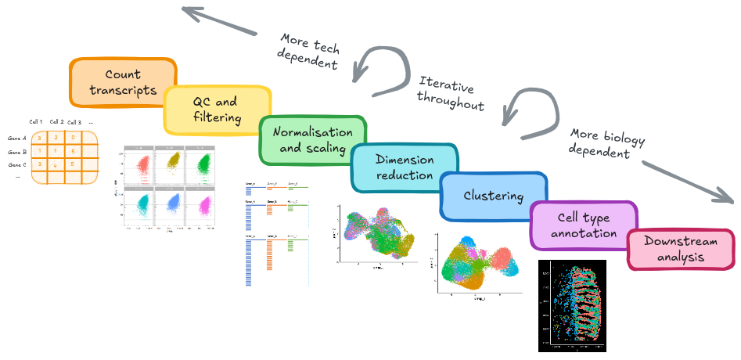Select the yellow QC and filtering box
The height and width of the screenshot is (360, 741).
pos(215,110)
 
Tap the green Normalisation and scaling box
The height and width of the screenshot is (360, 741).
pos(311,140)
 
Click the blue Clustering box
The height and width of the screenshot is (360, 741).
pos(493,195)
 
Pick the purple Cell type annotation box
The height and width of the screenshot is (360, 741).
pos(584,225)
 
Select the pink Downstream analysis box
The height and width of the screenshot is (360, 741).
pos(678,248)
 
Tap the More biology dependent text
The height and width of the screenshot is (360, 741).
pos(601,143)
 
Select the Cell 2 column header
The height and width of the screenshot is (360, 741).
pos(56,122)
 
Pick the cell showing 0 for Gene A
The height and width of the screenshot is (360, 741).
pos(73,138)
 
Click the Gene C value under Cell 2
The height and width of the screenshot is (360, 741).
pos(55,165)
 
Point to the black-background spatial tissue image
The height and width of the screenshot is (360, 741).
pos(573,305)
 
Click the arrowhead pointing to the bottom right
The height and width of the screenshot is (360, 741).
pos(728,196)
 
